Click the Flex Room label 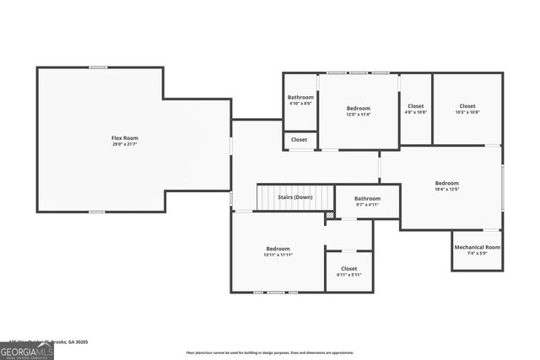pos(125,137)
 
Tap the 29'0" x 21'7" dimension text pos(125,144)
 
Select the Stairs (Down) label pos(295,197)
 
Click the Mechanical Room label pos(477,247)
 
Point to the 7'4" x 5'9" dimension pos(477,254)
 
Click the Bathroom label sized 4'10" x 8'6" pos(300,98)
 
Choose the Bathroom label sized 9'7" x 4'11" pos(367,198)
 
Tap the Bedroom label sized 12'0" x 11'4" pos(359,108)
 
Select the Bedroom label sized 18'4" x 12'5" pos(446,183)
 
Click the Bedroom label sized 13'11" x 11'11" pos(278,249)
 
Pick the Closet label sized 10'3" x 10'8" pos(467,105)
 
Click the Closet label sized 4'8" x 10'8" pos(415,105)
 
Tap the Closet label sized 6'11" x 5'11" pos(348,268)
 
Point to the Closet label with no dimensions pos(300,139)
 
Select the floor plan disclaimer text pos(269,352)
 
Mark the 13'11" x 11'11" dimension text pos(278,255)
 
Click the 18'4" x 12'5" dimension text pos(446,190)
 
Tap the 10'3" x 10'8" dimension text pos(467,112)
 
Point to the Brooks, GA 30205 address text pos(72,341)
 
